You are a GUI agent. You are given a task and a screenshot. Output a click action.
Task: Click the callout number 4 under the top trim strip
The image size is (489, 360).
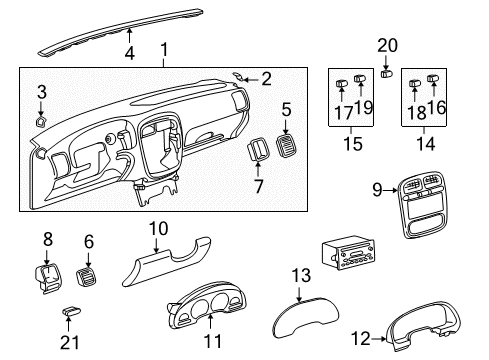(x=128, y=53)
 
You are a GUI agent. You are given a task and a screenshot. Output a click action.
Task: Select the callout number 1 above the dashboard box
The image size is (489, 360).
(x=162, y=49)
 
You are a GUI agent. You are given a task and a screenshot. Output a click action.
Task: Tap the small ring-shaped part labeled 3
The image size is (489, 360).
(x=40, y=121)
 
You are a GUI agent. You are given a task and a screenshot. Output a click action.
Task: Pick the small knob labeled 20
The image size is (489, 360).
(x=388, y=73)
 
